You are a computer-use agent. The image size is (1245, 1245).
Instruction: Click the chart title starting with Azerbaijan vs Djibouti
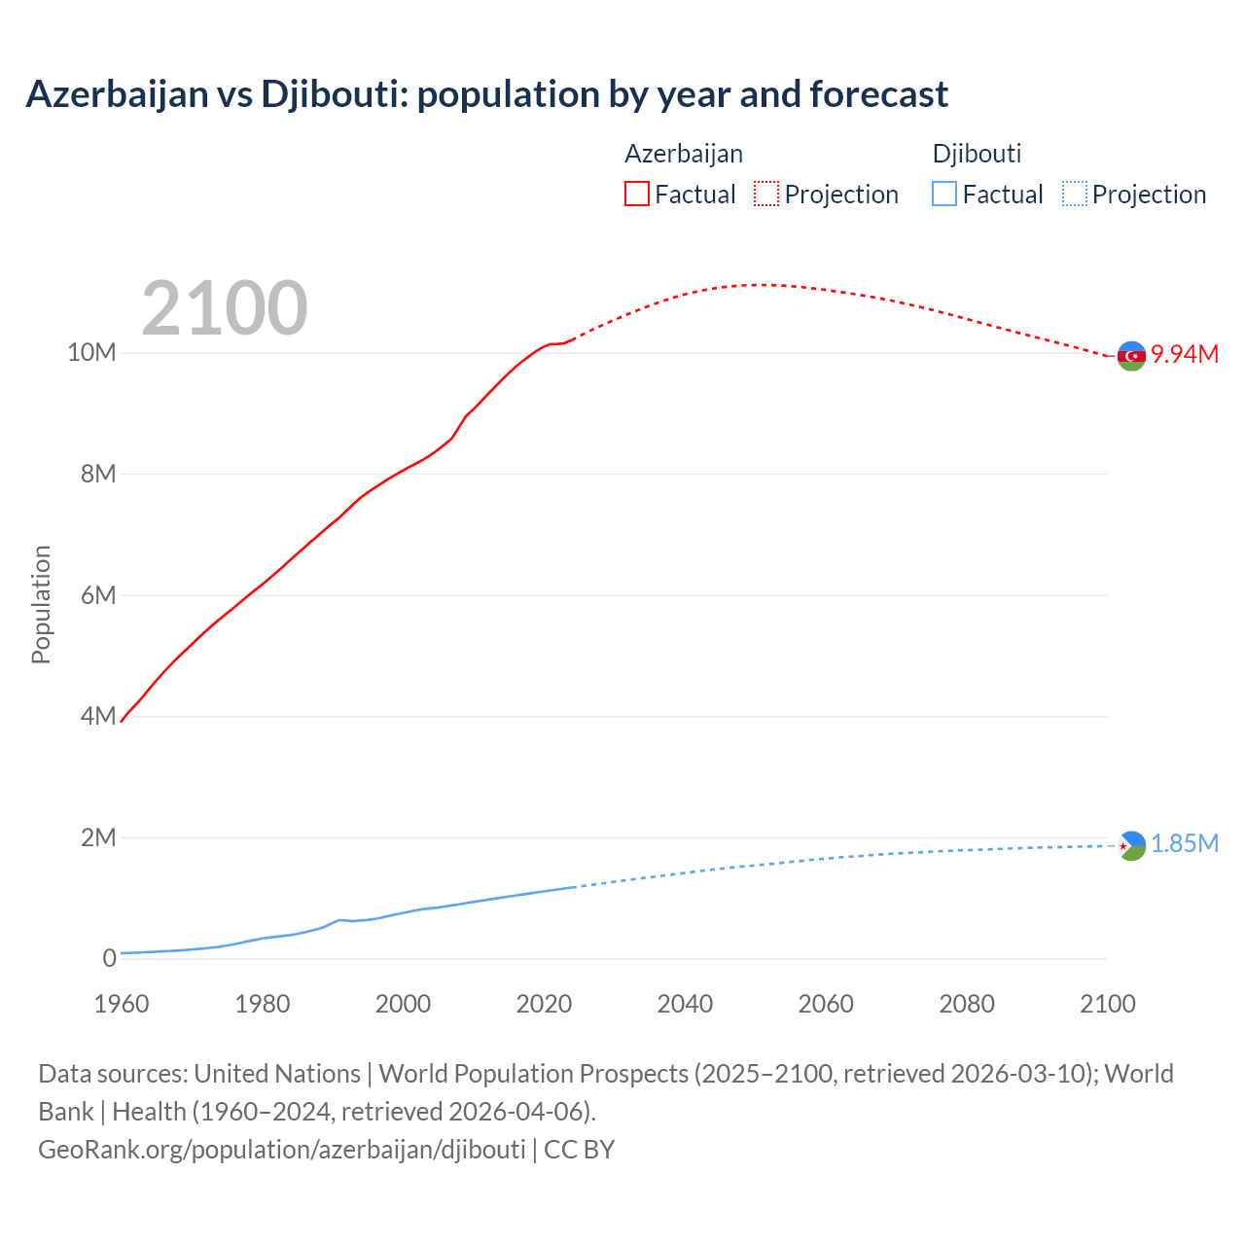click(486, 94)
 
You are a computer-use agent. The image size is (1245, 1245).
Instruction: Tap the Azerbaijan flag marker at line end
click(1131, 356)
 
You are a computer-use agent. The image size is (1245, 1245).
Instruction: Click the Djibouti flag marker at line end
click(1131, 846)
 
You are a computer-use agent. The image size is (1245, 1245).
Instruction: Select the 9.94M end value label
click(1185, 354)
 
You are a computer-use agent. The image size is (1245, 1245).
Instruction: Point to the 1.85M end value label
click(1185, 843)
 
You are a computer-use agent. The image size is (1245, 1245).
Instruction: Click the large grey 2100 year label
click(225, 308)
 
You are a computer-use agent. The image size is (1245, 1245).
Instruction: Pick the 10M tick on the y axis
click(91, 352)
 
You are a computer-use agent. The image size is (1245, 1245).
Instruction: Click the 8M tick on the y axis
click(97, 474)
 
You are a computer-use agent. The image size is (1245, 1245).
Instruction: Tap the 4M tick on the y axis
click(97, 716)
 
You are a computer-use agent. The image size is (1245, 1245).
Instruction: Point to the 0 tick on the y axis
click(109, 958)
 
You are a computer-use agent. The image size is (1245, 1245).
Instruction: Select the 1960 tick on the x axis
click(122, 1004)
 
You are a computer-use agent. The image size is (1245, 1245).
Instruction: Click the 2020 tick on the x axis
click(544, 1004)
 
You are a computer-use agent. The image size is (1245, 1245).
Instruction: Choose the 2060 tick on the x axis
click(826, 1004)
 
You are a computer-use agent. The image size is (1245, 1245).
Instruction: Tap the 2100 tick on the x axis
click(1107, 1004)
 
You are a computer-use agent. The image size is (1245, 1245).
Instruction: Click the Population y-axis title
click(41, 604)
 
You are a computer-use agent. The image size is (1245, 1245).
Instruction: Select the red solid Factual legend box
click(636, 195)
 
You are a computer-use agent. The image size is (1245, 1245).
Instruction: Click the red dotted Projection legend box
click(766, 195)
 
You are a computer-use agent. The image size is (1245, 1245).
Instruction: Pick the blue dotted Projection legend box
click(1074, 195)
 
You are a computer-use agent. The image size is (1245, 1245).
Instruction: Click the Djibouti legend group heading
click(977, 154)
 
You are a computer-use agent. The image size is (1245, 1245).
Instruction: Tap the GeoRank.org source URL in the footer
click(282, 1150)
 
